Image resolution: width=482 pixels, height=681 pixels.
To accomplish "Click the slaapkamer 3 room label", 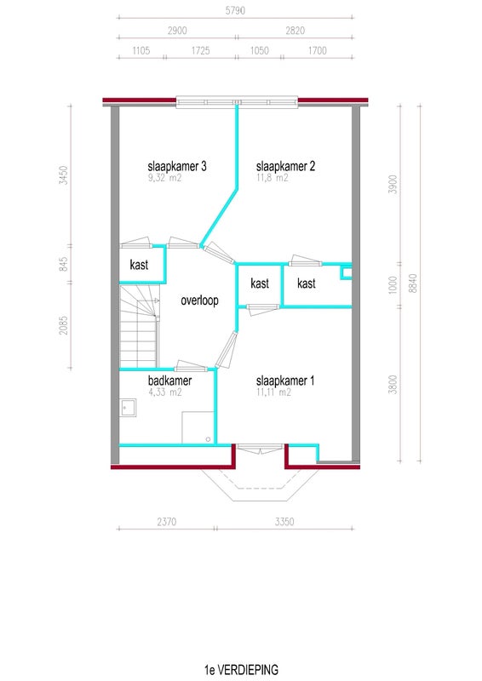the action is (x=177, y=166).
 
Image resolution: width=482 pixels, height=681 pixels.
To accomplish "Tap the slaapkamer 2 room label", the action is (x=285, y=166).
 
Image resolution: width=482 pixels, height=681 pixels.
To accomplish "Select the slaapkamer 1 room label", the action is (x=285, y=381).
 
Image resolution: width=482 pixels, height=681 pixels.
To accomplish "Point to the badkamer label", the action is (x=170, y=381).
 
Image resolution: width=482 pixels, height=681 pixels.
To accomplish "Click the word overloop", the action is (x=199, y=300).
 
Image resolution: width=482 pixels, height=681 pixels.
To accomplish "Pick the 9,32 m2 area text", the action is (x=164, y=178).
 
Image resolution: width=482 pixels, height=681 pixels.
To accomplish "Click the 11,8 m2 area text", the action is (x=272, y=178).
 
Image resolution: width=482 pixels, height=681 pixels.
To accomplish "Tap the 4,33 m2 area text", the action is (x=165, y=392).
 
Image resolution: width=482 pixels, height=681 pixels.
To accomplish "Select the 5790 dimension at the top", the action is (x=235, y=10).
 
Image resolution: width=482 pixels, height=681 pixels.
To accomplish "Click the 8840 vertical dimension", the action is (x=412, y=283).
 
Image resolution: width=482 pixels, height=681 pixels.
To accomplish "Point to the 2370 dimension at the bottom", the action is (x=167, y=522).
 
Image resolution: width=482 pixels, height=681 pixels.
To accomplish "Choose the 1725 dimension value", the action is (x=200, y=50).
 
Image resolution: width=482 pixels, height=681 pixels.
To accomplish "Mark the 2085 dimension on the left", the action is (x=64, y=325).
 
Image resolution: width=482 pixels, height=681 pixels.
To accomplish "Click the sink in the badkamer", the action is (x=129, y=408).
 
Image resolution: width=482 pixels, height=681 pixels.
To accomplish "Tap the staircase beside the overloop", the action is (x=139, y=326).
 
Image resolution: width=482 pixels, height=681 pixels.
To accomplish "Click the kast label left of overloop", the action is (x=139, y=265).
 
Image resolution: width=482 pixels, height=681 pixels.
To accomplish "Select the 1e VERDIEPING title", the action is (x=241, y=669).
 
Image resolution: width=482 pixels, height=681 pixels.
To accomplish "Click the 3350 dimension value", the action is (x=284, y=522).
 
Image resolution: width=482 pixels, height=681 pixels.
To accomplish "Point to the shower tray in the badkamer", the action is (x=198, y=427).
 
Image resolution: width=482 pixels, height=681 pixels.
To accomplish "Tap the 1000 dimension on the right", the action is (x=393, y=285).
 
